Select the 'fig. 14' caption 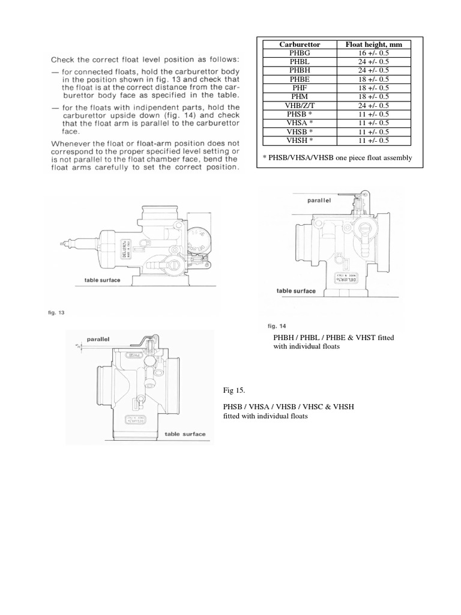click(x=276, y=326)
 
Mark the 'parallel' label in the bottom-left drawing click(x=98, y=339)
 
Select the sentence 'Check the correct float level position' click(x=145, y=59)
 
